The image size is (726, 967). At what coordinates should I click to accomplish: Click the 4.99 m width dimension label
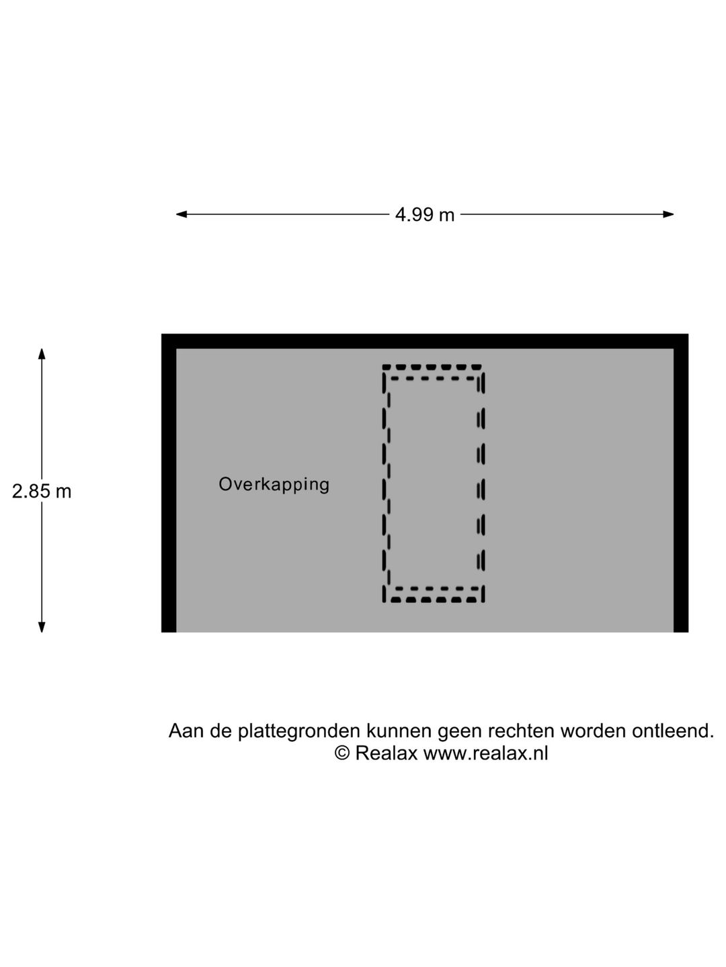point(424,215)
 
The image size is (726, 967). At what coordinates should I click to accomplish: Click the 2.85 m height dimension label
point(42,491)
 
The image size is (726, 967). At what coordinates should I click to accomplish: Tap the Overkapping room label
point(274,485)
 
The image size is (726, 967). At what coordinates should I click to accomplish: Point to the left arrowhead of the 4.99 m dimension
point(182,214)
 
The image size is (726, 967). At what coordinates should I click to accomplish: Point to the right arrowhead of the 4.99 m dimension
point(668,214)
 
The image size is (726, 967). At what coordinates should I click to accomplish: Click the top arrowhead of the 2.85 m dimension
point(42,354)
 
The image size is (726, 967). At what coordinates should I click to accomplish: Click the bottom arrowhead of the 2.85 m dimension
point(42,627)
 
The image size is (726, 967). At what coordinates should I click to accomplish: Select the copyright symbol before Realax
point(342,753)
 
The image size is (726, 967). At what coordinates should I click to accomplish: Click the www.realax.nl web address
point(486,753)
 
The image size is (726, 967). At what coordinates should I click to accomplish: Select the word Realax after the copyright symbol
point(386,753)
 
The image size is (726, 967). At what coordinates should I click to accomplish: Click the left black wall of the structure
point(169,483)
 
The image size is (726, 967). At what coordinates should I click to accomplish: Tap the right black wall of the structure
point(680,483)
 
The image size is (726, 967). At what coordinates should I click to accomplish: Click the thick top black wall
point(424,341)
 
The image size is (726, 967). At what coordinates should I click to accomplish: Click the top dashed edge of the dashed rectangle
point(432,367)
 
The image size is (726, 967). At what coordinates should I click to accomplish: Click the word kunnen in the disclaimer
point(399,731)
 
